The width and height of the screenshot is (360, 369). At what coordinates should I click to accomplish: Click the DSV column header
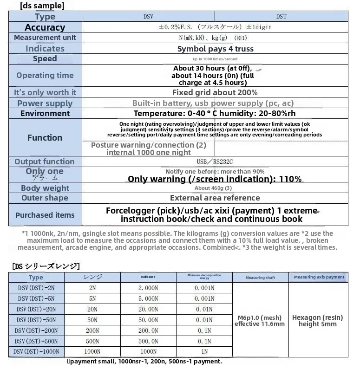click(x=148, y=16)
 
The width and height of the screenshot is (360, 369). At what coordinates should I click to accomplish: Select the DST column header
click(x=281, y=16)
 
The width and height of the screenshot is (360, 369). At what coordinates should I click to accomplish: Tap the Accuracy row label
click(x=45, y=27)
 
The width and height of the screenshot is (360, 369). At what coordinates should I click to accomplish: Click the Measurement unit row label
click(x=45, y=38)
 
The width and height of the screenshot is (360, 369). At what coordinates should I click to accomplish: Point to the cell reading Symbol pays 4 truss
click(x=215, y=49)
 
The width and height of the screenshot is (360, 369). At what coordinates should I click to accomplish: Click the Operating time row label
click(x=45, y=75)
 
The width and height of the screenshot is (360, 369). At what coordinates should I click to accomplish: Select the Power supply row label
click(x=45, y=104)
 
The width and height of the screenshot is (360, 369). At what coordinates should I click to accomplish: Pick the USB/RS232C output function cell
click(x=215, y=162)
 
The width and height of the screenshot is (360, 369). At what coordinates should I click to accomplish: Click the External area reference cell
click(x=215, y=198)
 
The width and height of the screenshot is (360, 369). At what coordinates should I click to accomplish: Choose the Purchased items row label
click(x=45, y=215)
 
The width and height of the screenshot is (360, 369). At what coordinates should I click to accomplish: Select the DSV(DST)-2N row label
click(x=36, y=288)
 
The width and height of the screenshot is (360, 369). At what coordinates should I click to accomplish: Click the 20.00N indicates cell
click(x=148, y=309)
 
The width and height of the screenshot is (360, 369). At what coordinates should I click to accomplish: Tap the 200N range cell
click(x=92, y=330)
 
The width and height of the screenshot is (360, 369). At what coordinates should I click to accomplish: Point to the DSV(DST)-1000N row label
click(x=36, y=352)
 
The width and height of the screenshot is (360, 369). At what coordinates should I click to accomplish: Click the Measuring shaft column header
click(x=260, y=278)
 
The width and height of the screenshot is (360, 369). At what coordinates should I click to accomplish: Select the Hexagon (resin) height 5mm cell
click(x=318, y=321)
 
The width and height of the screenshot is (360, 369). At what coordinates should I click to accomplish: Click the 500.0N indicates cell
click(x=148, y=341)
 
